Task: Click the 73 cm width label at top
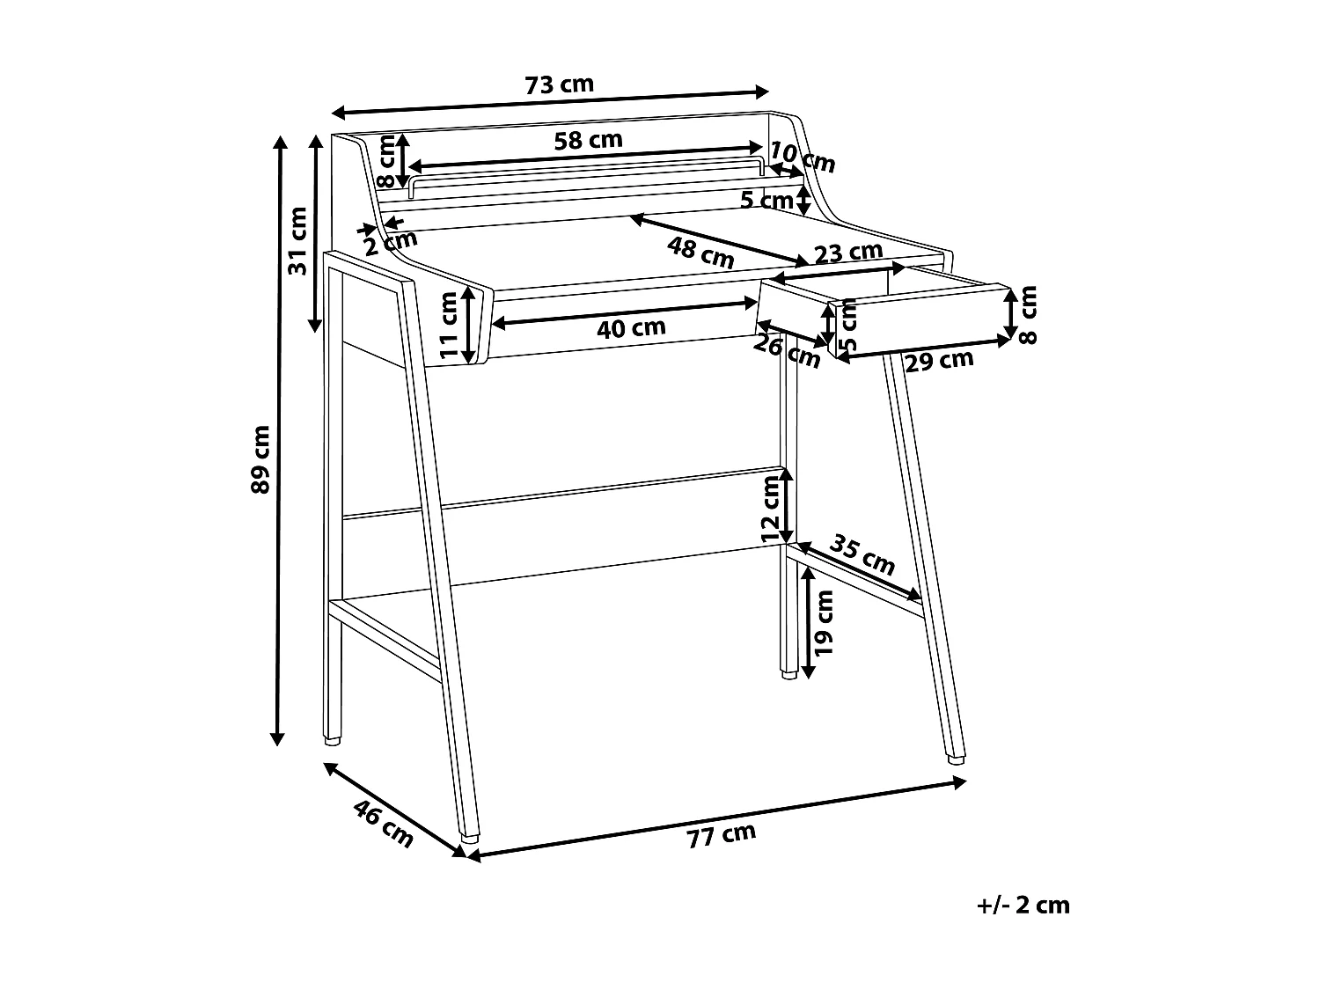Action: pos(559,85)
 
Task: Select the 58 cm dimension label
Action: pos(588,140)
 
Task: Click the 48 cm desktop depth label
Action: pos(700,253)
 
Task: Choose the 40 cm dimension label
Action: pos(631,328)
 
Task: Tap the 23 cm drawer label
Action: pos(847,253)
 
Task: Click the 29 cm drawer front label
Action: pos(940,361)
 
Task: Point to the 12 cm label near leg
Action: pos(771,509)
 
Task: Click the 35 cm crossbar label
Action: pos(863,554)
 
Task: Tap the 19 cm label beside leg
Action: pos(824,622)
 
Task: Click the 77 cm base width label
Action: pos(722,835)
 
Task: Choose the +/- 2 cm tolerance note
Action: pos(1023,906)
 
